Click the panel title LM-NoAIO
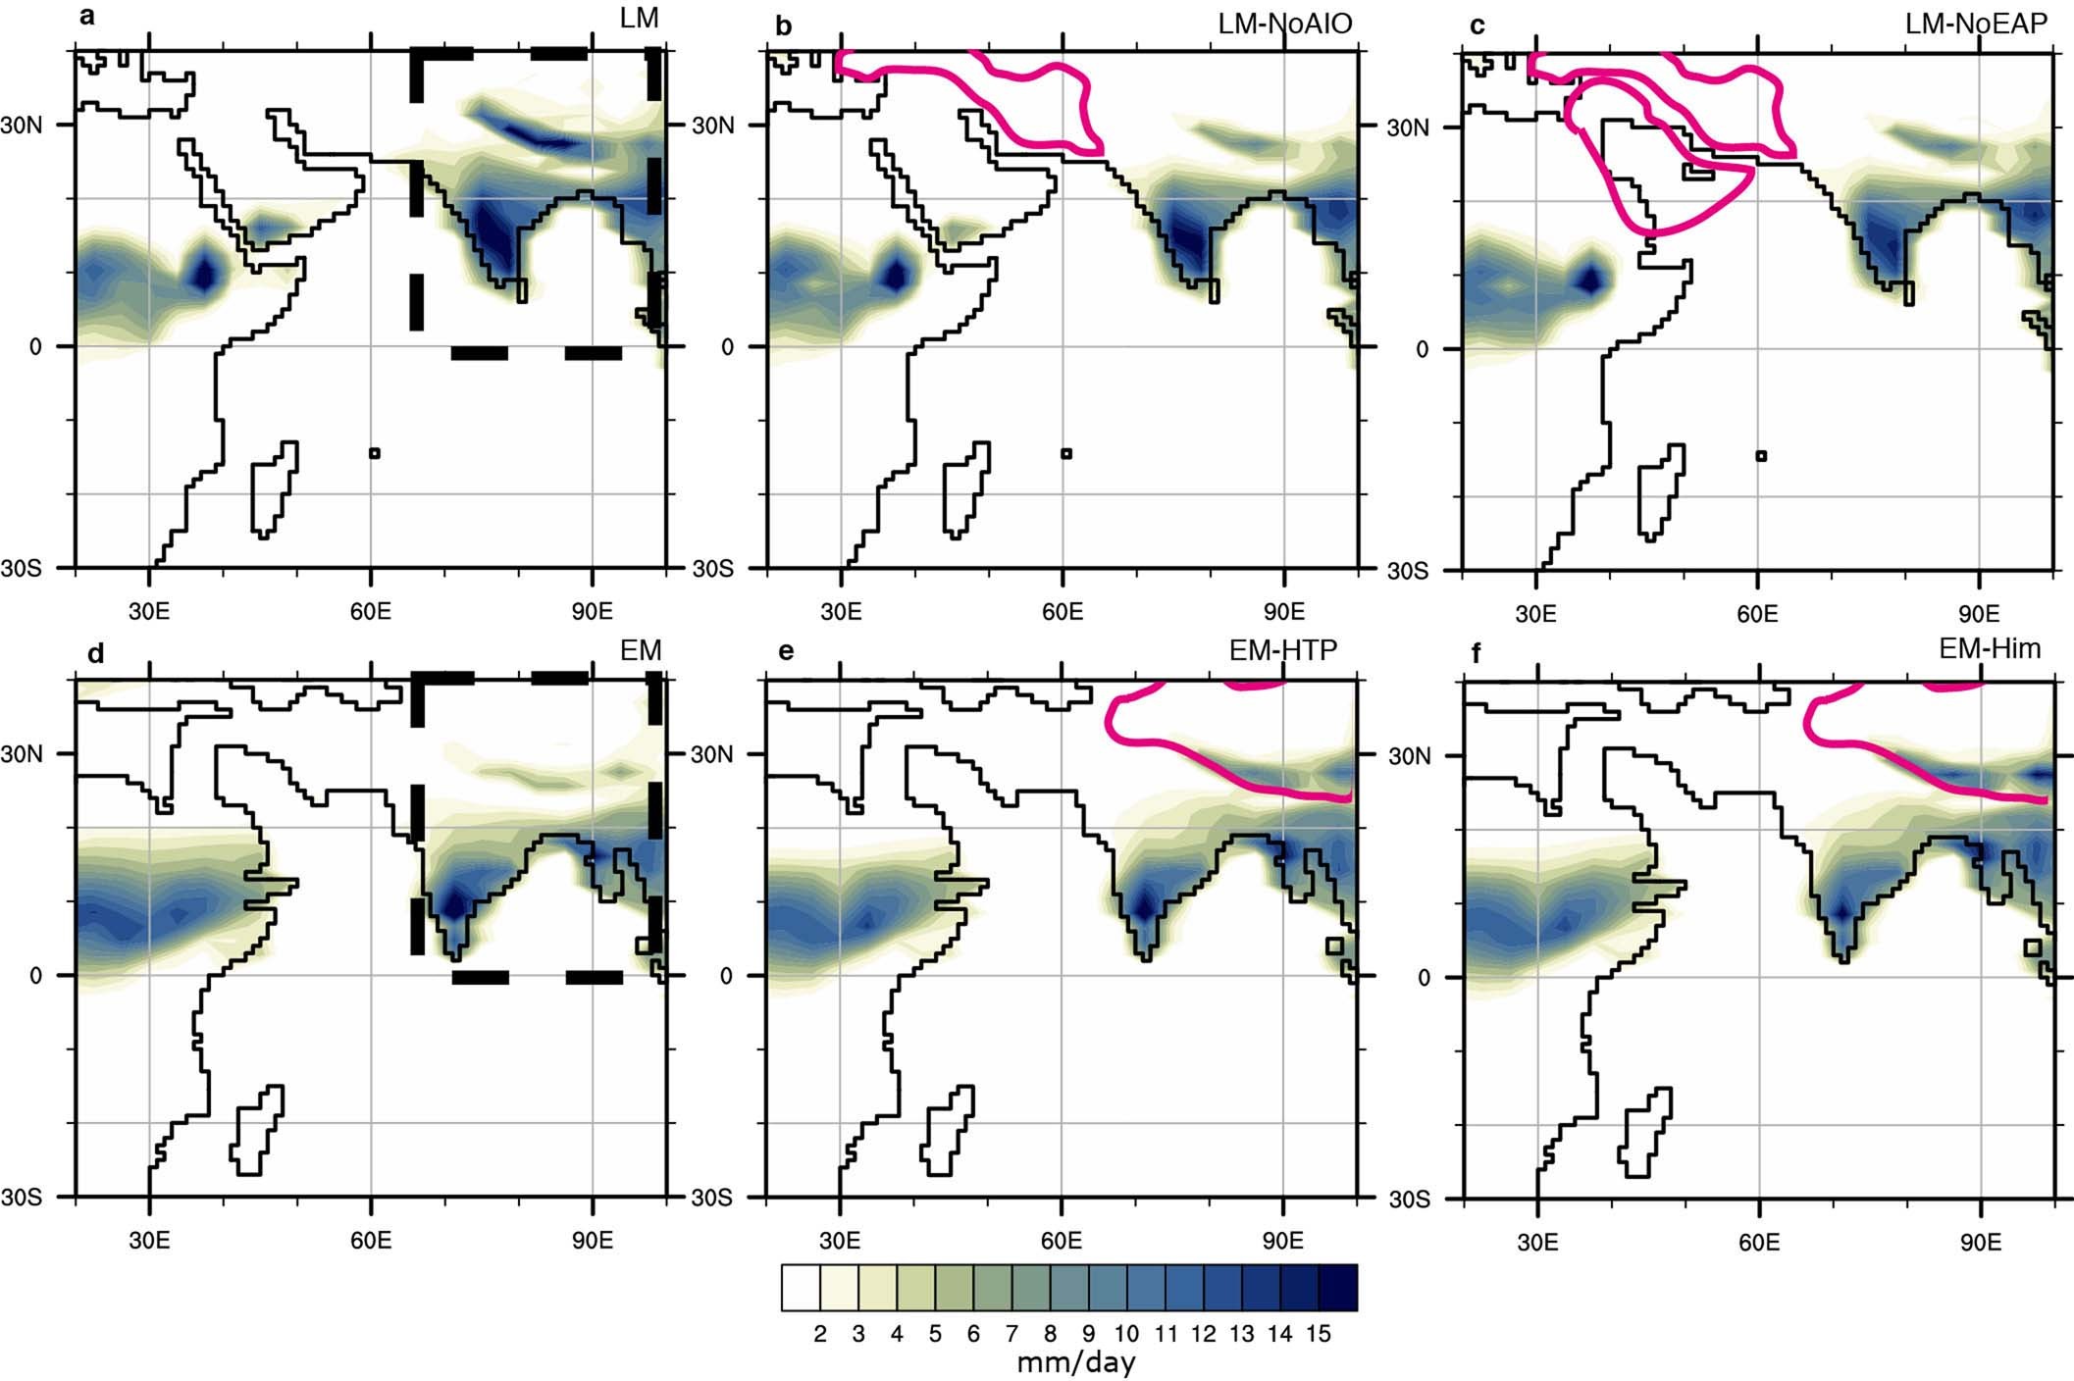(1284, 24)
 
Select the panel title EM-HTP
(1282, 650)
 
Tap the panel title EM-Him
(1990, 648)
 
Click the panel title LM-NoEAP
(1976, 24)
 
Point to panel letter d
(95, 653)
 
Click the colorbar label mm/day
(1075, 1362)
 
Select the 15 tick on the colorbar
(1318, 1334)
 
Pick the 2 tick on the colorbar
(820, 1334)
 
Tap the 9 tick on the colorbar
(1088, 1334)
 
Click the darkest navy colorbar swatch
(1337, 1288)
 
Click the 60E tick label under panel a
(370, 611)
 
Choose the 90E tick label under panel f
(1980, 1243)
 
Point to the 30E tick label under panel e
(840, 1241)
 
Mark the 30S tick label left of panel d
(22, 1198)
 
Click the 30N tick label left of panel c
(1407, 128)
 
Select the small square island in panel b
(1066, 453)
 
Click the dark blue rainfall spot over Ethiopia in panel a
(204, 274)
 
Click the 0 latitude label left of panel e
(726, 976)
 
